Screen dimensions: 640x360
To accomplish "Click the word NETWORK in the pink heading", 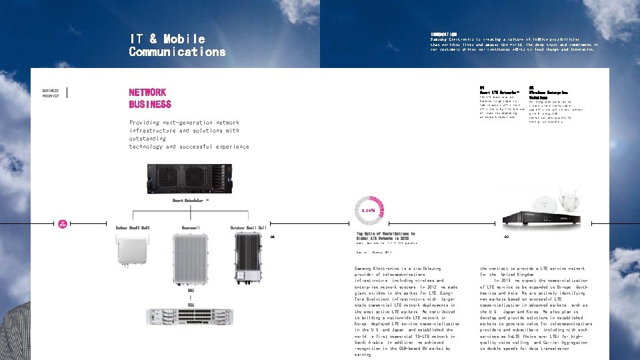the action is (x=147, y=93).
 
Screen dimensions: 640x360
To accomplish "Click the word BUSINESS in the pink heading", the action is (x=150, y=105).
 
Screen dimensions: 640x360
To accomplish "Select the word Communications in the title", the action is (x=177, y=52).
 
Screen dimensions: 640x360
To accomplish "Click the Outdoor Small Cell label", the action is (x=248, y=228).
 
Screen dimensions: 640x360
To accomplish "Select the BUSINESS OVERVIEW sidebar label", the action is (x=51, y=93).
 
